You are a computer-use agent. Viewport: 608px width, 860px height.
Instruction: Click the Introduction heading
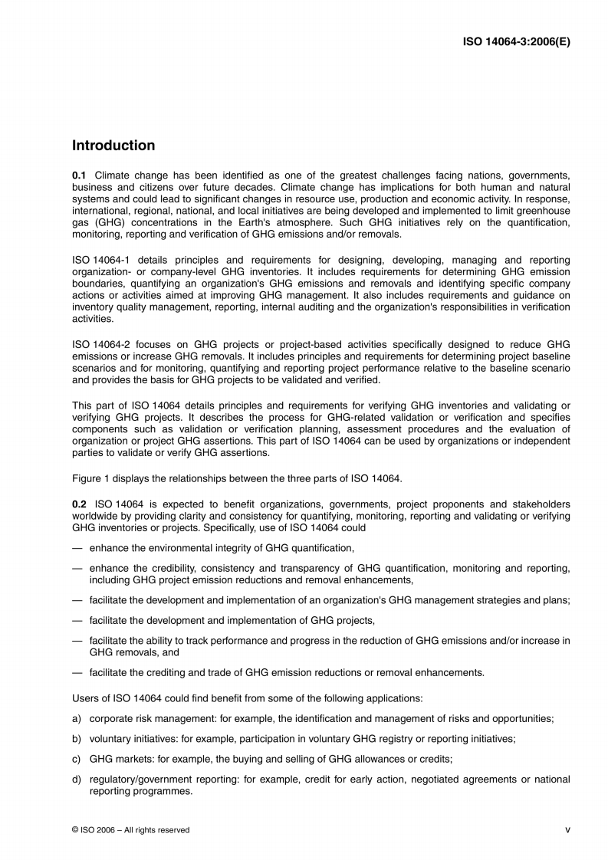coord(113,146)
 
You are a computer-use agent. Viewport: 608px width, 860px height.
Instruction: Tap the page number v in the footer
coord(567,829)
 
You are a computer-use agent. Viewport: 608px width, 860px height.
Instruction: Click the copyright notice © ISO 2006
coord(130,830)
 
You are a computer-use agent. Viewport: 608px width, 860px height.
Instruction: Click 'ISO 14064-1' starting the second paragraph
coord(98,261)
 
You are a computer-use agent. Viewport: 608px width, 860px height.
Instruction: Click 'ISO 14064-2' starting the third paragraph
coord(98,346)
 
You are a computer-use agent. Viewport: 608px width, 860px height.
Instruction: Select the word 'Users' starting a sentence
coord(85,699)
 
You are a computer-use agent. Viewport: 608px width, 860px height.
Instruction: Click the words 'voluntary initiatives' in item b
coord(135,739)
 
